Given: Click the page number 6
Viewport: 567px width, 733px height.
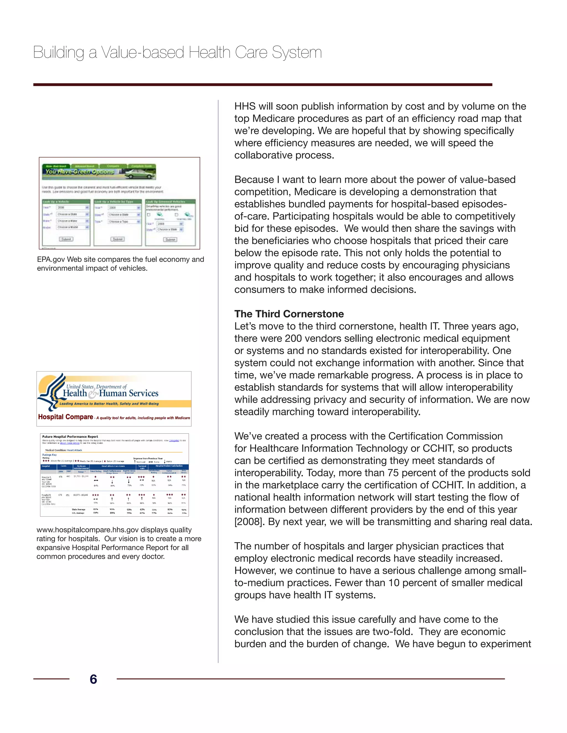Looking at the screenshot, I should click(x=93, y=679).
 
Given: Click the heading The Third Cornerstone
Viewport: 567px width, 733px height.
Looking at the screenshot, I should click(x=289, y=314).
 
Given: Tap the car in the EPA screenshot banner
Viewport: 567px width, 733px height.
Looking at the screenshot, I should click(x=138, y=173).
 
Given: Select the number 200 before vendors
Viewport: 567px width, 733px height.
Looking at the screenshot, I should click(x=293, y=338).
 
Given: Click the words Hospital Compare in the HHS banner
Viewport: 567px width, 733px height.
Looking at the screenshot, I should click(x=66, y=417).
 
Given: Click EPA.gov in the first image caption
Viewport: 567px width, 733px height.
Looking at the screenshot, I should click(x=51, y=259).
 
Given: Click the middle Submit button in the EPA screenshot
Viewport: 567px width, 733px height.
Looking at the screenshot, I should click(x=118, y=239).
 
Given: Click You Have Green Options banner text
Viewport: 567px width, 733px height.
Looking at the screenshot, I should click(x=80, y=171).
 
